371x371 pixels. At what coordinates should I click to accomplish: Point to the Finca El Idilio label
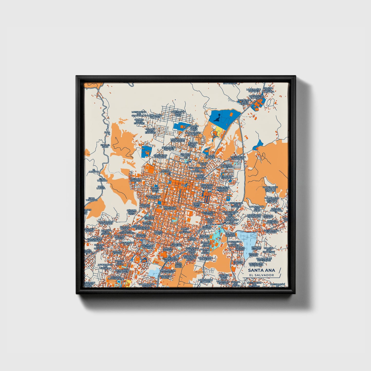[x=105, y=146]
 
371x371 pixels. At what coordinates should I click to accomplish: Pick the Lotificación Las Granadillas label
[x=139, y=114]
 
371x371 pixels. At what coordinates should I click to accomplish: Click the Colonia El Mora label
[x=238, y=262]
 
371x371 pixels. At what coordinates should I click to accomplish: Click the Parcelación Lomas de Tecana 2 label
[x=272, y=200]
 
